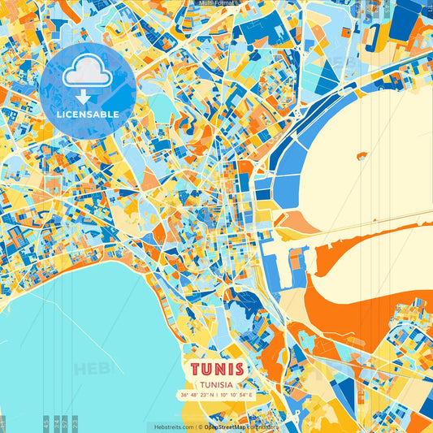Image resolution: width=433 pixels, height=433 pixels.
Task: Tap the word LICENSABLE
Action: coord(87,115)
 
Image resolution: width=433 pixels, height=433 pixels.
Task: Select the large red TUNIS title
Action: coord(218,369)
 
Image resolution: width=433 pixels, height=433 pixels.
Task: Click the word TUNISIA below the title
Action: coord(218,386)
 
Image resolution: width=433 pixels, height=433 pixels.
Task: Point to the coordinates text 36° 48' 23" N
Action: coord(201,395)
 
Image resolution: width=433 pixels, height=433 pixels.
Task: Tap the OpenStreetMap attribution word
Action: coord(227,427)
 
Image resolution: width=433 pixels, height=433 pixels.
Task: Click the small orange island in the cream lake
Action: coord(362,155)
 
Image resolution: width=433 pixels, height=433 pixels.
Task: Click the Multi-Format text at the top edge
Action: coord(216,3)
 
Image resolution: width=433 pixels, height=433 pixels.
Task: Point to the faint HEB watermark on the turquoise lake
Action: coord(91,370)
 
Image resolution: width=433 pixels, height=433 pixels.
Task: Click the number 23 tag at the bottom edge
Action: coord(75,422)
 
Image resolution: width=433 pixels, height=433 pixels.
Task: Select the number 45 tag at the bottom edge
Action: coord(46,422)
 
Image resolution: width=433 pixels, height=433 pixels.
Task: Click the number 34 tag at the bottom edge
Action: coord(55,422)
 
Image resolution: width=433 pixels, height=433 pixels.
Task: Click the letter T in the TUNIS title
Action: coord(197,369)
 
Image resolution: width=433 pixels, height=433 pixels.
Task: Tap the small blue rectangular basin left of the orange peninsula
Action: coord(297,260)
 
